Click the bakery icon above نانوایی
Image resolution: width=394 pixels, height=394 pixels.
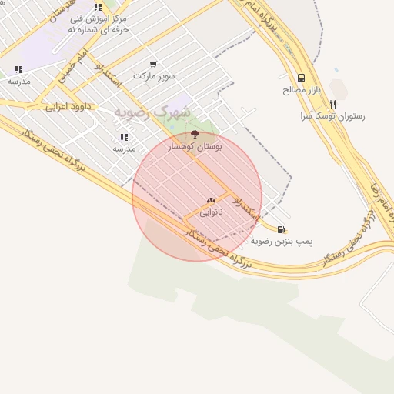211,201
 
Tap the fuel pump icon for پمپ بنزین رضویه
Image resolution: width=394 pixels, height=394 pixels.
281,229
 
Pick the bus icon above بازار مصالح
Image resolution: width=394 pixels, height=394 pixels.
300,78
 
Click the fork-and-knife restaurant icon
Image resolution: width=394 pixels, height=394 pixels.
333,104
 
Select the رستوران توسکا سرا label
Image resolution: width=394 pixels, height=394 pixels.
333,116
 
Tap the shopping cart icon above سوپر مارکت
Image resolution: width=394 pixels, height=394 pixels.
154,65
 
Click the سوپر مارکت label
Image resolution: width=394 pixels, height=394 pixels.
154,76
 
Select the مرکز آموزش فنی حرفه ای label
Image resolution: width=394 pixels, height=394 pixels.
98,23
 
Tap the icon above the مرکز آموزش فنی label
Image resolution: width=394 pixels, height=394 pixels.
98,6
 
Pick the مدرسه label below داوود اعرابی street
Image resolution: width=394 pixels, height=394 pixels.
124,148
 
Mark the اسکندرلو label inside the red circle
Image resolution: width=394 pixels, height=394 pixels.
244,205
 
